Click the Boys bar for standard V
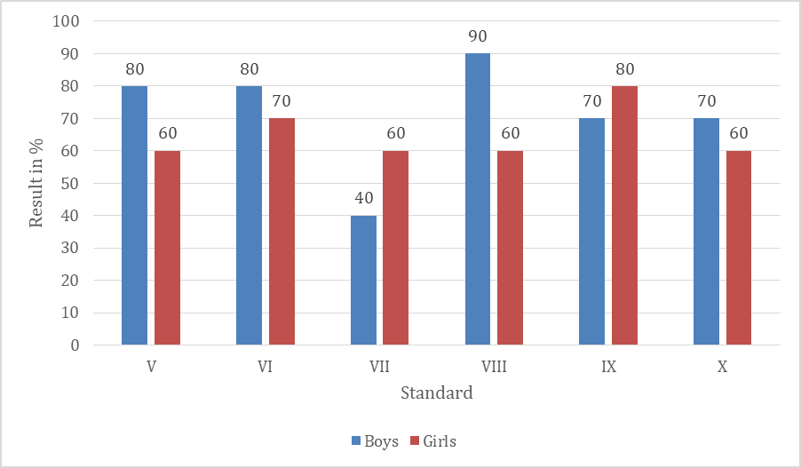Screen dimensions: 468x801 [134, 215]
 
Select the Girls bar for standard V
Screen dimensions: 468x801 [167, 248]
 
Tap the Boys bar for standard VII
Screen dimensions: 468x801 [363, 280]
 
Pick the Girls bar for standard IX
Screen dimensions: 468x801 [624, 215]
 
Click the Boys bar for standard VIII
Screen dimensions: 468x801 [478, 199]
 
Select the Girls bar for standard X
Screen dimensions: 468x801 [739, 248]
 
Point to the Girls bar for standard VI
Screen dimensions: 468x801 [282, 231]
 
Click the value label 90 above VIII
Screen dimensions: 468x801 [478, 37]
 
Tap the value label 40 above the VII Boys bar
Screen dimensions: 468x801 [363, 199]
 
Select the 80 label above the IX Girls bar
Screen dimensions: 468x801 [624, 69]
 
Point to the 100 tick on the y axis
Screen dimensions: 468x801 [67, 21]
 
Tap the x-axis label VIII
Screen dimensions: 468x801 [494, 366]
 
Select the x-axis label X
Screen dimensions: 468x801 [722, 366]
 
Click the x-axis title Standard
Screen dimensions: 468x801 [436, 393]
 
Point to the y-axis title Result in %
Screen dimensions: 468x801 [37, 183]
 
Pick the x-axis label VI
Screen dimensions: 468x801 [265, 366]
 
